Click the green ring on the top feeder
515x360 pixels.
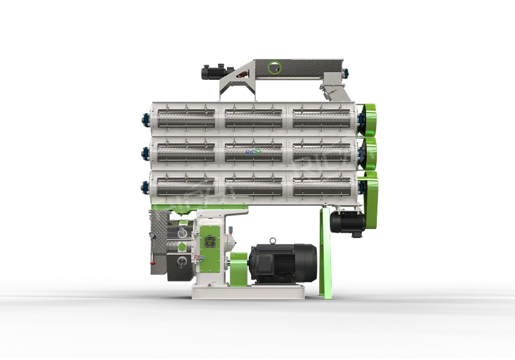click(x=274, y=68)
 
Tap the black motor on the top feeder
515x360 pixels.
click(x=211, y=71)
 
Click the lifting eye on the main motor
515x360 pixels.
click(x=273, y=240)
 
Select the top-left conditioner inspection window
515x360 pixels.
click(x=185, y=117)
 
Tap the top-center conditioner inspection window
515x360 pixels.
click(x=254, y=117)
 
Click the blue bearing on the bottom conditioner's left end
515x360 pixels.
click(x=143, y=188)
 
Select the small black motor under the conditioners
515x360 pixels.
click(x=348, y=226)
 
